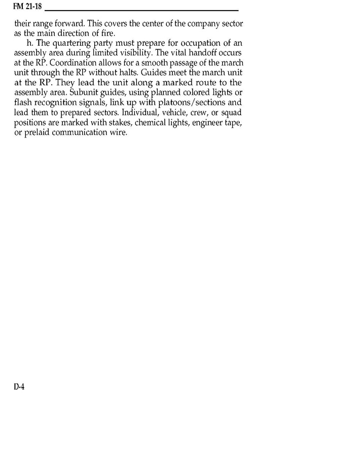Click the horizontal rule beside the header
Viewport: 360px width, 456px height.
pyautogui.click(x=142, y=10)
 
